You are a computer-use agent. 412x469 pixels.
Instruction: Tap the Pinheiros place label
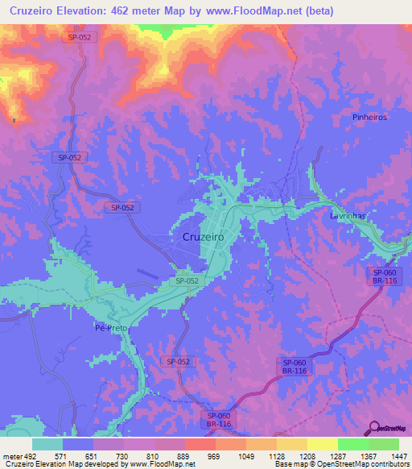tap(370, 117)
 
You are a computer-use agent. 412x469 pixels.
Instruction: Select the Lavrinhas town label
tap(348, 217)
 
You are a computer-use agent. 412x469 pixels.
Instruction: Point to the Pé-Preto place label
tap(112, 328)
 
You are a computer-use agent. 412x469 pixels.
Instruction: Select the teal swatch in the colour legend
tap(47, 444)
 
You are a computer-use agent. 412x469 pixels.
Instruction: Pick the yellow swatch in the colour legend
tap(322, 444)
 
